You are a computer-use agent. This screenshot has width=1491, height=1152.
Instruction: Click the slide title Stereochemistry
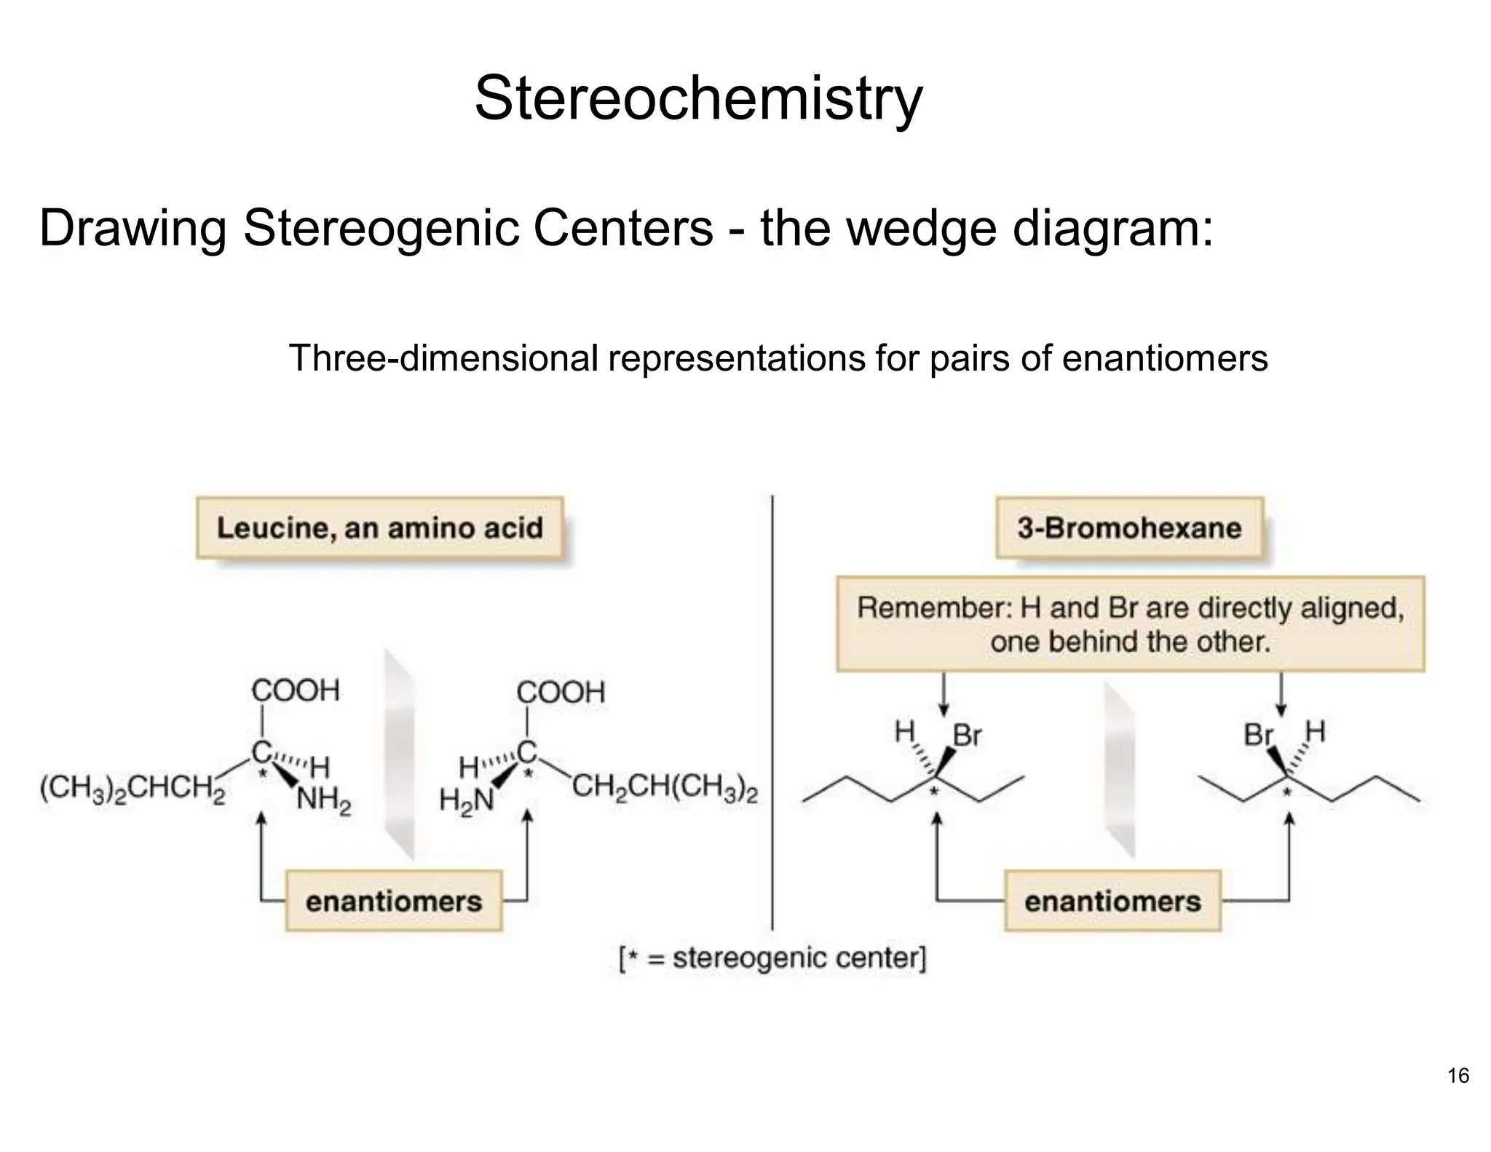(698, 98)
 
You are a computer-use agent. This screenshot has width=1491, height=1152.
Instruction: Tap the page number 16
(1458, 1076)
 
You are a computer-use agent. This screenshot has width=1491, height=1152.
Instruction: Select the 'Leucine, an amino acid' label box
(379, 528)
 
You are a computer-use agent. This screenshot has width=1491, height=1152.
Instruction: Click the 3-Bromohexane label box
(1129, 528)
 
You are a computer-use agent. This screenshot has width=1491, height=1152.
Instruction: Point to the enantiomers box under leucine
(394, 901)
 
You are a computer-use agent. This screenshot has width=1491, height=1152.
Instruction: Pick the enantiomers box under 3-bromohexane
(1112, 901)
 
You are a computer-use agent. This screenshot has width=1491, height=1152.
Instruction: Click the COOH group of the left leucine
(295, 690)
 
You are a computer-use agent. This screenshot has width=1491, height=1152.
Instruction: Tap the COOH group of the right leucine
(561, 692)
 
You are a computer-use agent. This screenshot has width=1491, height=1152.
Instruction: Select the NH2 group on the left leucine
(324, 801)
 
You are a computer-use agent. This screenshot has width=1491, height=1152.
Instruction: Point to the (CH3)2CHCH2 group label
(132, 789)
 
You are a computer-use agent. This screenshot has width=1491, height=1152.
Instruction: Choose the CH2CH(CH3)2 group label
(665, 788)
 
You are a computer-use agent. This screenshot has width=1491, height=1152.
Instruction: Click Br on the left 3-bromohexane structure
(967, 736)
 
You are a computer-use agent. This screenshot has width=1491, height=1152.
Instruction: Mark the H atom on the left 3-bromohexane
(904, 731)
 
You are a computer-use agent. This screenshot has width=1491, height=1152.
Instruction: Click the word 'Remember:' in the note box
(934, 608)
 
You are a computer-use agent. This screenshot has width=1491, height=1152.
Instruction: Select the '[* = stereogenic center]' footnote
(772, 958)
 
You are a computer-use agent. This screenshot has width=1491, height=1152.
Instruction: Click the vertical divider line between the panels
(772, 714)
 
